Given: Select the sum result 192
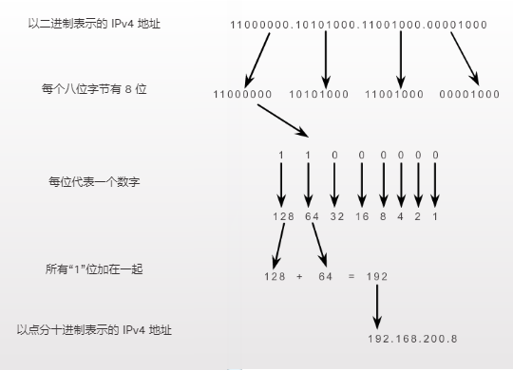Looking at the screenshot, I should pos(375,276).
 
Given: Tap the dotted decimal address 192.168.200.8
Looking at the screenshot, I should pos(411,339).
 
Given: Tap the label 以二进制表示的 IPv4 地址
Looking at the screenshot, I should pos(94,21).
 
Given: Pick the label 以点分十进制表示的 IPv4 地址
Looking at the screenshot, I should pos(94,329).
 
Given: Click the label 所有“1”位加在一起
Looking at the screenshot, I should pos(94,268).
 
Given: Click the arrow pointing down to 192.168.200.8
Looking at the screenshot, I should pos(377,306).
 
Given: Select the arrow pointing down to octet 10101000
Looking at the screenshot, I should pos(326,57).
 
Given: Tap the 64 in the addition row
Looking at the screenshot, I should pos(326,276).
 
